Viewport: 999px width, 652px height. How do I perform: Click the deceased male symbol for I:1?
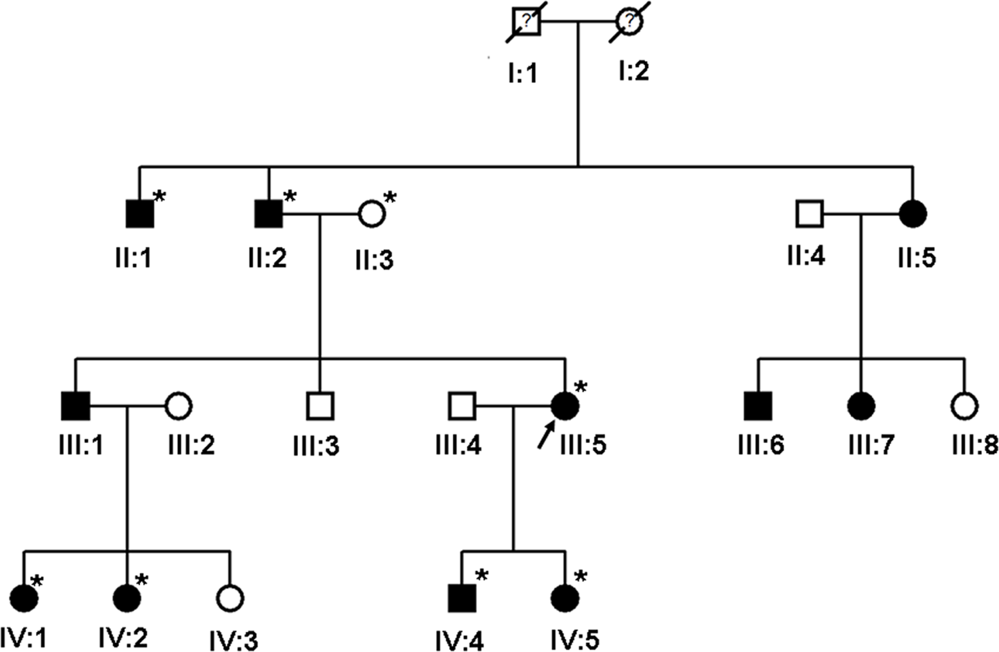(x=527, y=22)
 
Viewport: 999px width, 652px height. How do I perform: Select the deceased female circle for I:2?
(x=629, y=22)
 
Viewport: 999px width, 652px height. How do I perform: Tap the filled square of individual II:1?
(x=140, y=214)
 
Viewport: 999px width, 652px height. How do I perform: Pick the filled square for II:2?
(x=269, y=214)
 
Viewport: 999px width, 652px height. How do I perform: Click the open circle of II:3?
(x=372, y=214)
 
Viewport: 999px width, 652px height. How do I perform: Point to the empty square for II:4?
(x=810, y=214)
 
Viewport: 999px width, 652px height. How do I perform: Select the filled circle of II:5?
(x=913, y=214)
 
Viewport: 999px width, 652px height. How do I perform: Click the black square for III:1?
(x=75, y=406)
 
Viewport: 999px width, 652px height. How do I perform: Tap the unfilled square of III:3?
(x=320, y=406)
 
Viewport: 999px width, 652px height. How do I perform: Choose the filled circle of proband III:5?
(x=565, y=406)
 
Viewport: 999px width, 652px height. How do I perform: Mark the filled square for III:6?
(x=758, y=406)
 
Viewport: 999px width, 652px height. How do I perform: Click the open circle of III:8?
(x=965, y=406)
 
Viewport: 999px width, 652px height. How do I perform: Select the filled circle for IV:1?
(x=24, y=598)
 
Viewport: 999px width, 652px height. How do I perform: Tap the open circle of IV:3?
(x=230, y=598)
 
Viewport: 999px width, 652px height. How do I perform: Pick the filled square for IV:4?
(x=462, y=598)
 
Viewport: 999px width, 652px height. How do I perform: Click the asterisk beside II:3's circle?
(x=390, y=197)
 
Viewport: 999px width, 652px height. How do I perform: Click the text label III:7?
(x=871, y=445)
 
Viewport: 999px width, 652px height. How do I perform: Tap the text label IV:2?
(x=123, y=638)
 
